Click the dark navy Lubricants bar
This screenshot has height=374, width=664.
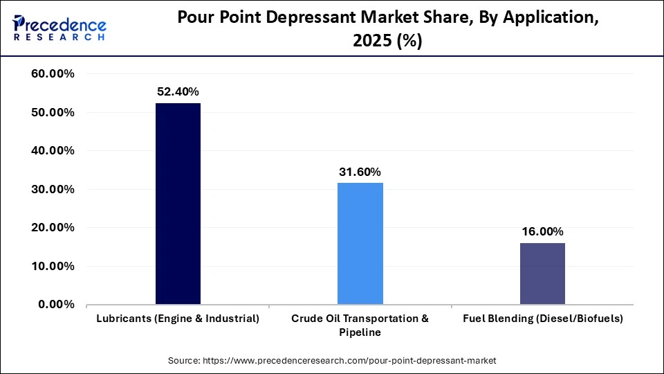[178, 204]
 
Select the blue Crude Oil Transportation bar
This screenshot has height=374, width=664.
[360, 243]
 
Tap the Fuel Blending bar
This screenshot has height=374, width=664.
[542, 274]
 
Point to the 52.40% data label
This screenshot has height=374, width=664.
[178, 91]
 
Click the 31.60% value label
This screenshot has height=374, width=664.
[360, 172]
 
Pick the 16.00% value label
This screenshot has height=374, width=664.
[542, 231]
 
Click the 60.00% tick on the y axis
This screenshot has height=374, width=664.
[53, 74]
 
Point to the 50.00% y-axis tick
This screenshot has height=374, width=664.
[53, 112]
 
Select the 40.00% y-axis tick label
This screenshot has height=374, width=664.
[53, 151]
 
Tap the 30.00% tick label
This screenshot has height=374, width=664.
[53, 189]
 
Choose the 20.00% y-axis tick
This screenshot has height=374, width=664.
[53, 228]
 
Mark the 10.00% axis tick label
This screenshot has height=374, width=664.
[53, 266]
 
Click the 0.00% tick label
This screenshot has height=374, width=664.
[57, 305]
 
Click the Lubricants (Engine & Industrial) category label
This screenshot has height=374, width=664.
[178, 319]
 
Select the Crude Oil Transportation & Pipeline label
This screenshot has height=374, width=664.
[360, 325]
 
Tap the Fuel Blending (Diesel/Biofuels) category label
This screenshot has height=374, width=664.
[542, 319]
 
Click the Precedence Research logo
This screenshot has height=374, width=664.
[59, 28]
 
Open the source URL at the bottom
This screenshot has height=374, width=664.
[332, 361]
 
